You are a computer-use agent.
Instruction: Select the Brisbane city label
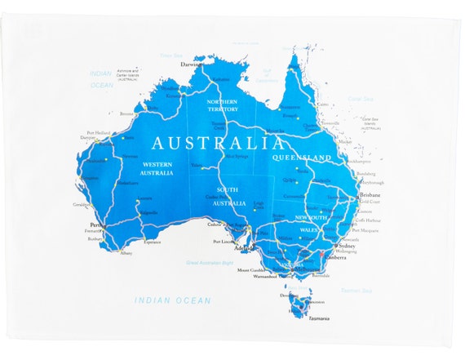point(370,196)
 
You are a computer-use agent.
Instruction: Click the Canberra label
point(336,257)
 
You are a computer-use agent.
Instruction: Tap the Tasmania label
point(319,318)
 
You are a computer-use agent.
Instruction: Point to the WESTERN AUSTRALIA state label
point(156,169)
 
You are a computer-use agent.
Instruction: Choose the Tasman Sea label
point(356,291)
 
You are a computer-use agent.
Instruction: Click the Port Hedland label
point(99,132)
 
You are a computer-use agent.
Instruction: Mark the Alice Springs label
point(235,157)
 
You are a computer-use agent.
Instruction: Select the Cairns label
point(323,104)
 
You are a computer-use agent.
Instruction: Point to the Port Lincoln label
point(224,242)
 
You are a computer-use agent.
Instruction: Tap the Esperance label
point(153,242)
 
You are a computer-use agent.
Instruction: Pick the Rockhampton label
point(359,162)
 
